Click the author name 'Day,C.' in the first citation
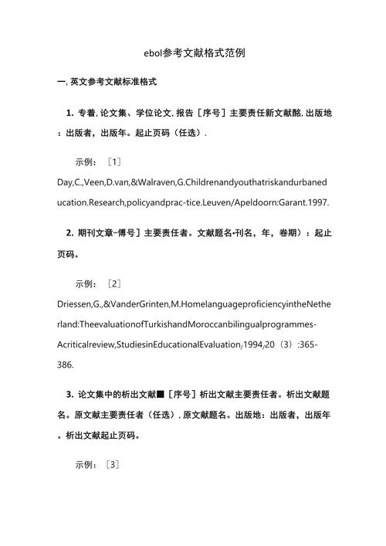point(70,182)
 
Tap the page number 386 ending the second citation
point(67,362)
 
